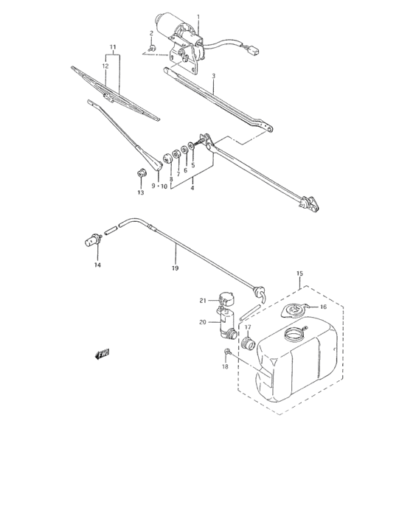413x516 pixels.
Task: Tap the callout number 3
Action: coord(213,75)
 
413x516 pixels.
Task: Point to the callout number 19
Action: coord(175,268)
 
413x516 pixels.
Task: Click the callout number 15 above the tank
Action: coord(299,273)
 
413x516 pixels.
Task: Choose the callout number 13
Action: coord(140,193)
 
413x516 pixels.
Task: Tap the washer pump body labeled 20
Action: coord(225,323)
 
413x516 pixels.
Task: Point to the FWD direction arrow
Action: coord(102,355)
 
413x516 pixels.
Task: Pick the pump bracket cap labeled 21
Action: coord(226,299)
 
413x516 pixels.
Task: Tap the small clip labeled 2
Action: coord(151,51)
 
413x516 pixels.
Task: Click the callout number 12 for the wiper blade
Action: coord(105,66)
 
